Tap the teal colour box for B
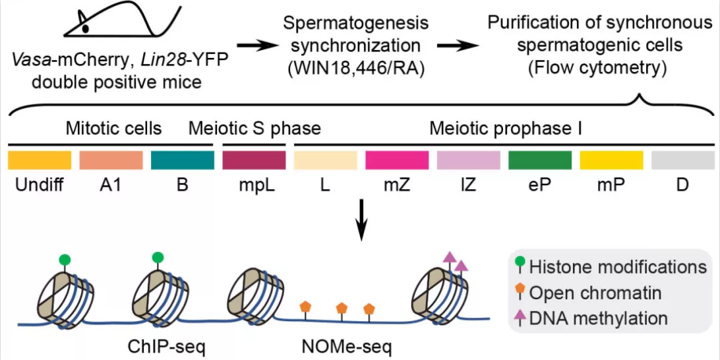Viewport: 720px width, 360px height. pos(182,160)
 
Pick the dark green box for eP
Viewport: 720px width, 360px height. pos(539,160)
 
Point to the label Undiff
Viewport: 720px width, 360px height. pos(39,185)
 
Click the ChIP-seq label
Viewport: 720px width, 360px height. pos(158,345)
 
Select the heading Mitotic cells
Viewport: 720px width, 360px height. pos(113,128)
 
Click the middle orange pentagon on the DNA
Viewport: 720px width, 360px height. pos(342,308)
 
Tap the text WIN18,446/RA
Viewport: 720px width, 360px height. pos(355,68)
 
